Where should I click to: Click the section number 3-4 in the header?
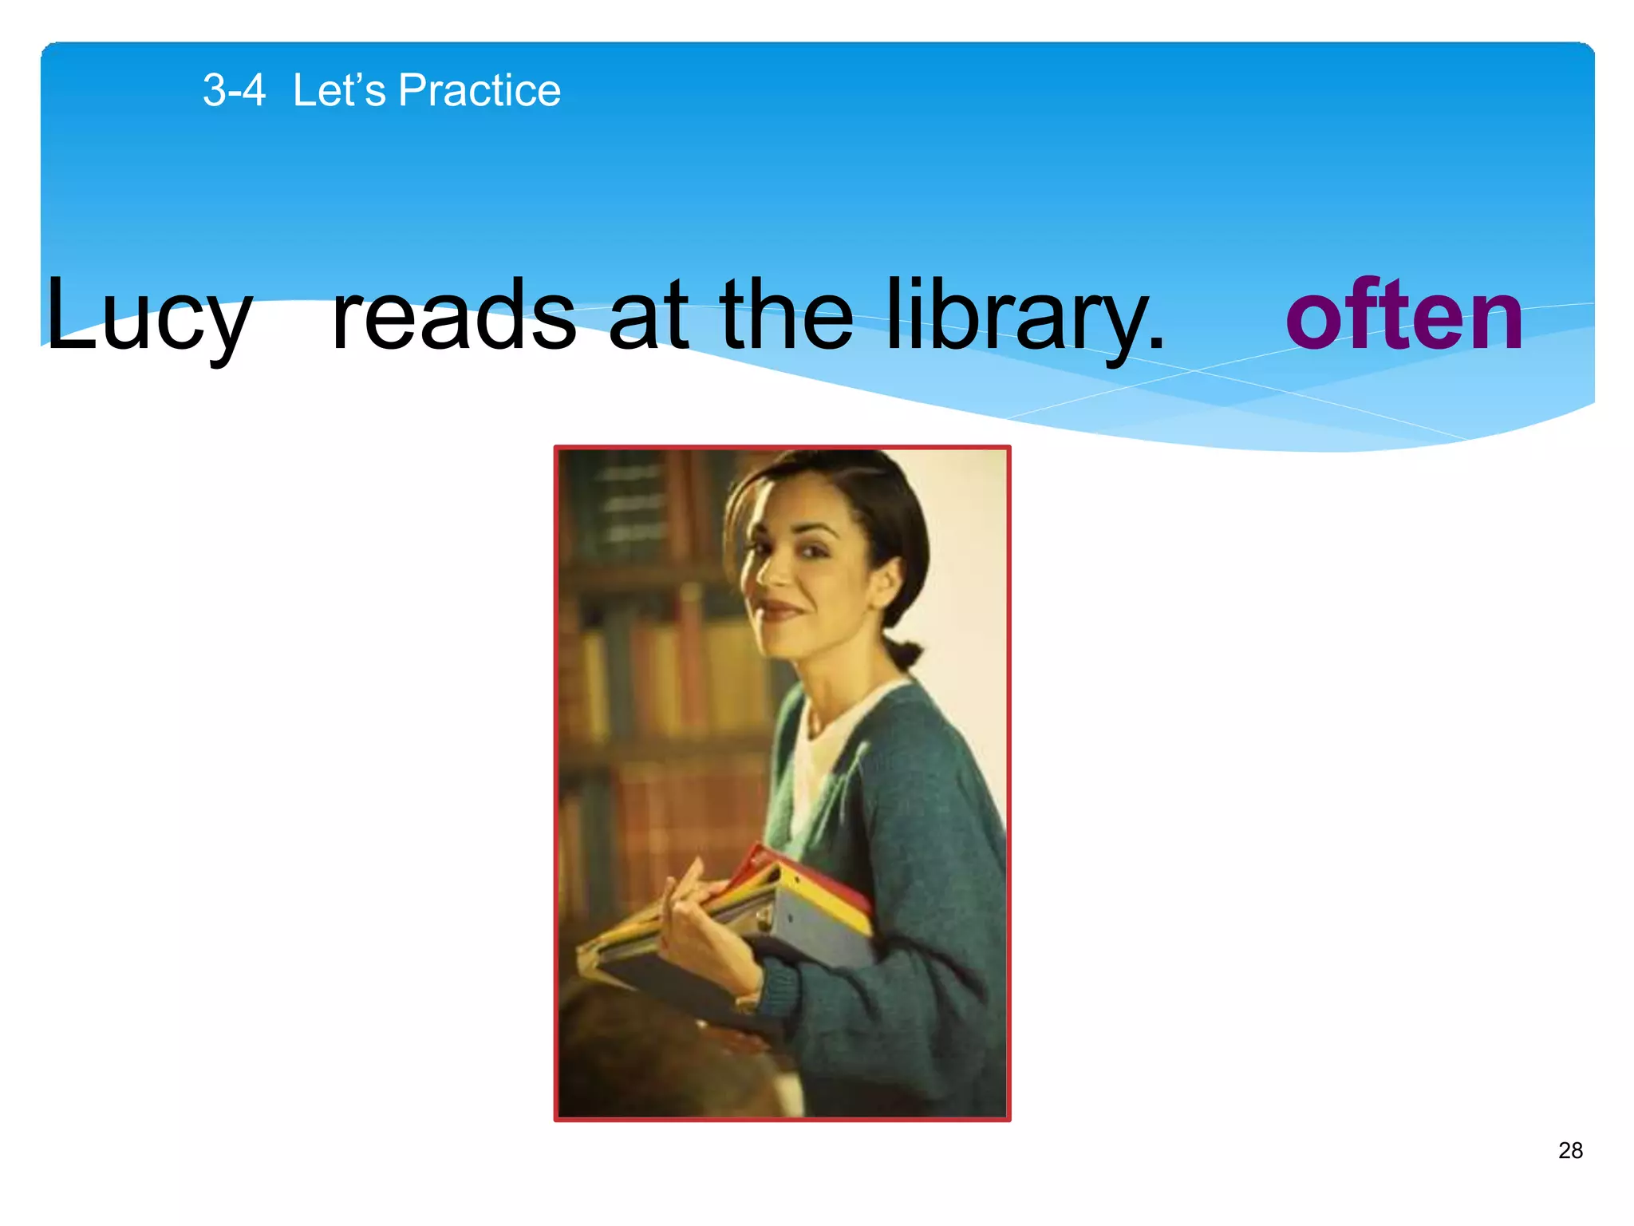tap(234, 90)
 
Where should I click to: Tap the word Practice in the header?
tap(480, 90)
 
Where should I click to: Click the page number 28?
tap(1570, 1150)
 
